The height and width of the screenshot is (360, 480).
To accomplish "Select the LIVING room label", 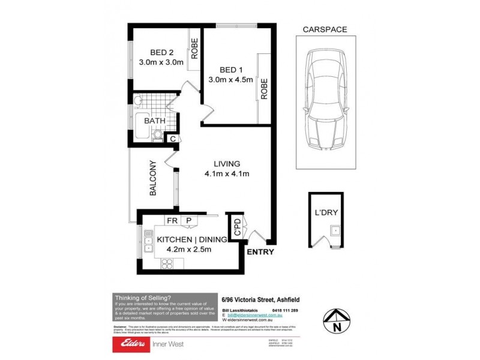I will click(227, 163).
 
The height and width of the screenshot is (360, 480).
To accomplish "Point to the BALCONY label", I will click(153, 178).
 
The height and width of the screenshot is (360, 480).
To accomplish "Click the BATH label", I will click(154, 121).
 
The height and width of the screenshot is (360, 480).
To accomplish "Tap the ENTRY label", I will click(260, 252).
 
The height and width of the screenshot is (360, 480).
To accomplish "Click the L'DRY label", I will click(326, 212).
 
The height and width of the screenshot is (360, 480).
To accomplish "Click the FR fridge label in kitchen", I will click(172, 221).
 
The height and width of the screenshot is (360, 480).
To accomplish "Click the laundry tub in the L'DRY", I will click(335, 230).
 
